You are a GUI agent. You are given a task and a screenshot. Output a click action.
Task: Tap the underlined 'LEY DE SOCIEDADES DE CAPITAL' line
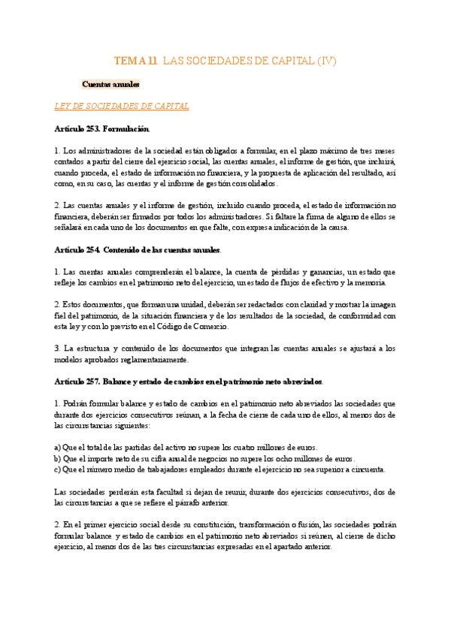pos(123,107)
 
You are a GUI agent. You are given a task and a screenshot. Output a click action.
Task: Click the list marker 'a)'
pos(59,446)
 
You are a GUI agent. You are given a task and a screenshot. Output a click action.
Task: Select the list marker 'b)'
pos(59,458)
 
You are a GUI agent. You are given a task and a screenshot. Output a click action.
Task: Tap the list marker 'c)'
pos(59,469)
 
